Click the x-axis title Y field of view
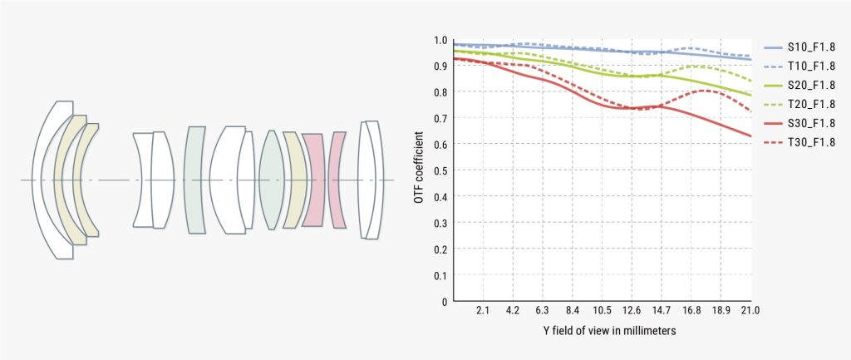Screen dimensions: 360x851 tap(600, 331)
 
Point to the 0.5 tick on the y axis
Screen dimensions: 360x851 tap(440, 170)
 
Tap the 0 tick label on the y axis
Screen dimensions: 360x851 tap(445, 301)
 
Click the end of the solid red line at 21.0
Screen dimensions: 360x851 tap(750, 136)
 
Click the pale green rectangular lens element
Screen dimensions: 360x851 tap(194, 180)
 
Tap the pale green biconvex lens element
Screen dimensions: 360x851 tap(272, 180)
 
